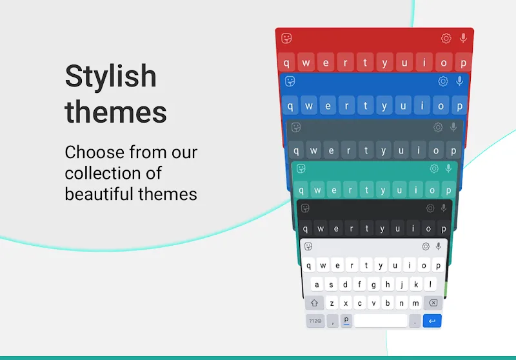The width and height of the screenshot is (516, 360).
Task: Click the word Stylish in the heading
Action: (110, 77)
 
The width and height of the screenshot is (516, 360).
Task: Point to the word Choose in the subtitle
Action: (94, 153)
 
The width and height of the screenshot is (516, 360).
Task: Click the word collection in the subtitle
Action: (113, 173)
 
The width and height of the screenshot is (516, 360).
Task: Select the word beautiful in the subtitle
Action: (102, 194)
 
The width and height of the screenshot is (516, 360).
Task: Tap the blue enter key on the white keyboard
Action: (432, 321)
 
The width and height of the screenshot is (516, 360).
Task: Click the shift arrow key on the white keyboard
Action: (315, 303)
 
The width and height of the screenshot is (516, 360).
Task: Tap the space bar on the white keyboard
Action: (381, 321)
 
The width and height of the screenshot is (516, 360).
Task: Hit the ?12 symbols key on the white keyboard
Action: (315, 321)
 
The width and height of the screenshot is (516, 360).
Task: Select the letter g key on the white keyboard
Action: (373, 285)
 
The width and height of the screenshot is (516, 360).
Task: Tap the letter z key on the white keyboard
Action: (332, 303)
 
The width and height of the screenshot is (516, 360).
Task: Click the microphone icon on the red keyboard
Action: (463, 39)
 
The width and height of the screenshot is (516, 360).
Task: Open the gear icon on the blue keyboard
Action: (443, 81)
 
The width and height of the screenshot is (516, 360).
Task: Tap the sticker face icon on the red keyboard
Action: (287, 39)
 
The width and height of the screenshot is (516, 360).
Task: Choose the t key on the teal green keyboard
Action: (367, 190)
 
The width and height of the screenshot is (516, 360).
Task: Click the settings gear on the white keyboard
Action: (426, 246)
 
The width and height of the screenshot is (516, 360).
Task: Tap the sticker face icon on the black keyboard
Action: (306, 208)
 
